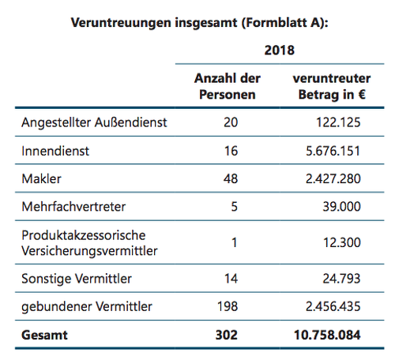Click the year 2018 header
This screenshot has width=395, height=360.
[280, 50]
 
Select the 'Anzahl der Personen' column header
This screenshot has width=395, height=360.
[228, 86]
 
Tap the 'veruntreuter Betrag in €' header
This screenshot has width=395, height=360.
[332, 86]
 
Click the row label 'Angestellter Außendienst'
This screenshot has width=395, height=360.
[94, 122]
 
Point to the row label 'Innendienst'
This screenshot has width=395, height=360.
[55, 151]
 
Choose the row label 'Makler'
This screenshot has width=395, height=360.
[41, 179]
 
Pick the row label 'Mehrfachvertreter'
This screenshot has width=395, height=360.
[73, 207]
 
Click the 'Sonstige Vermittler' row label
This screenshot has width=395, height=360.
[77, 279]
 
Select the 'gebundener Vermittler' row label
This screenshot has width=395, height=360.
[87, 306]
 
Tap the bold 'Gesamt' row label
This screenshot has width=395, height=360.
[44, 335]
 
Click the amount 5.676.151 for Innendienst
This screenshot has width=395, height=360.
[333, 151]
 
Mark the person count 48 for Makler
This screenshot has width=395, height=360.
[231, 179]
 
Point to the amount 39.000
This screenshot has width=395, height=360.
[341, 207]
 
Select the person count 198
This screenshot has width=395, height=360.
[228, 306]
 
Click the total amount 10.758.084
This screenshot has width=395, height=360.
[327, 335]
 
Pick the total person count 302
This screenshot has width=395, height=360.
[227, 335]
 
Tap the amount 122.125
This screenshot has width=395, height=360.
[338, 122]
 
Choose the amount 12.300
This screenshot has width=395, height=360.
[342, 242]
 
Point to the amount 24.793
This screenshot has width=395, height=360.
[341, 279]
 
